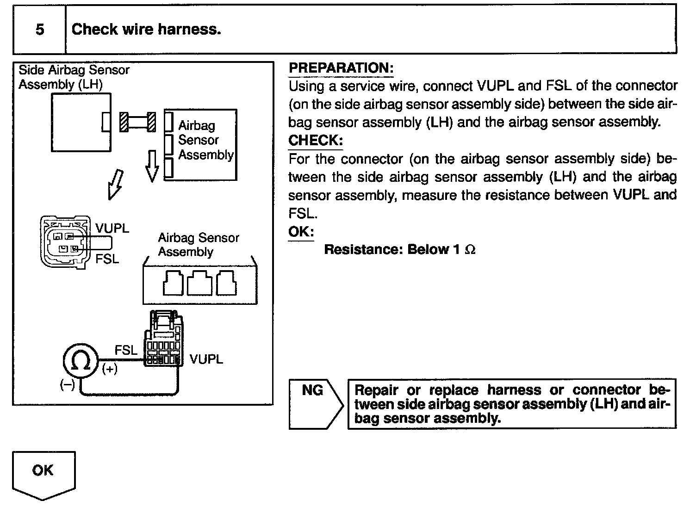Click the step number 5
(x=40, y=30)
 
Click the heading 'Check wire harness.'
(x=146, y=30)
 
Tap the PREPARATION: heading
(x=341, y=68)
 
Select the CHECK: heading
(x=315, y=140)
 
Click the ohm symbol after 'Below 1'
(x=470, y=250)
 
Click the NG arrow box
(x=315, y=404)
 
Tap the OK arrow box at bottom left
(x=43, y=473)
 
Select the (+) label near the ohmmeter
(x=110, y=369)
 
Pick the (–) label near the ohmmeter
(x=67, y=385)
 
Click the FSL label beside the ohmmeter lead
(x=126, y=350)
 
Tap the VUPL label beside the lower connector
(x=206, y=359)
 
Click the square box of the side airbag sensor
(x=81, y=122)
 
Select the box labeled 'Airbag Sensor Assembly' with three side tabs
(x=204, y=144)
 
